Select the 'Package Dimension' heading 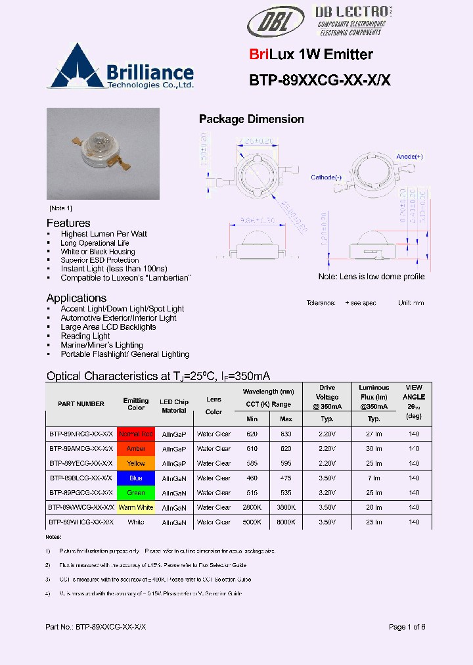pyautogui.click(x=251, y=119)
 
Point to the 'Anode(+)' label pyautogui.click(x=409, y=156)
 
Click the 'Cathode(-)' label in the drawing pyautogui.click(x=327, y=177)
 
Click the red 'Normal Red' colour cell pyautogui.click(x=136, y=434)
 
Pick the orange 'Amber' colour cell pyautogui.click(x=136, y=449)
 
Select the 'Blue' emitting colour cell pyautogui.click(x=136, y=478)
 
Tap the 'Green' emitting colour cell pyautogui.click(x=136, y=493)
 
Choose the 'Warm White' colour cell pyautogui.click(x=136, y=507)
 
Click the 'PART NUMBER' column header pyautogui.click(x=81, y=404)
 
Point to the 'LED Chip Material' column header pyautogui.click(x=174, y=406)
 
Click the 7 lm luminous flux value pyautogui.click(x=374, y=478)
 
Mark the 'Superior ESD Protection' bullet pyautogui.click(x=100, y=260)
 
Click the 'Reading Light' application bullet pyautogui.click(x=85, y=336)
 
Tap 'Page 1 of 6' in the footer pyautogui.click(x=407, y=627)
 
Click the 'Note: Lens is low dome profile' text pyautogui.click(x=371, y=277)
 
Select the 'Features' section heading pyautogui.click(x=68, y=223)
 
